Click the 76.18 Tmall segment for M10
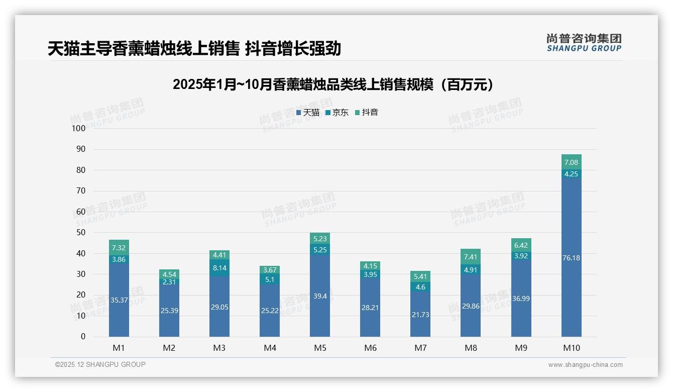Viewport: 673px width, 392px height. pos(571,257)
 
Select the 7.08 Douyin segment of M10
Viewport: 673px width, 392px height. pos(571,162)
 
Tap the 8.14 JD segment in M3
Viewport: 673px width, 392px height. pos(219,268)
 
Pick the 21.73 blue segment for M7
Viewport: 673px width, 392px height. pos(420,314)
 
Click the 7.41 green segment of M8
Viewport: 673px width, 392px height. pos(471,257)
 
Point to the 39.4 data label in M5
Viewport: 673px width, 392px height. pos(320,296)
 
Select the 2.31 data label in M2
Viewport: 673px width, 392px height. pos(169,282)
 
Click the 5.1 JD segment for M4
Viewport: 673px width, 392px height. pos(270,279)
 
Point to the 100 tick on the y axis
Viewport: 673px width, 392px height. pos(79,128)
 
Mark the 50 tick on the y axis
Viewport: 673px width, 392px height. pos(80,233)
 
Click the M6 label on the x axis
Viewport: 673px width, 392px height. pos(370,348)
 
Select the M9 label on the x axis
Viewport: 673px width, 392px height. pos(521,348)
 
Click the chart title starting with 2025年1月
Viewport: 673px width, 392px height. pos(333,84)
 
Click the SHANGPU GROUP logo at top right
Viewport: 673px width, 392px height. pos(584,43)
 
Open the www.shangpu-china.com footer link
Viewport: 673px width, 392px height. pos(585,365)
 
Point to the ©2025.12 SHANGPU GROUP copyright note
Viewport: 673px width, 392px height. pos(100,364)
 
